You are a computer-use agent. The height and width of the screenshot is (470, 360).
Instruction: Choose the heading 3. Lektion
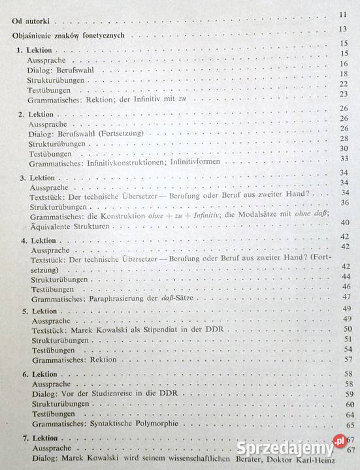(x=35, y=177)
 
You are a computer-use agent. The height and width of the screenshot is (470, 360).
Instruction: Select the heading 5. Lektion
(x=35, y=311)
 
